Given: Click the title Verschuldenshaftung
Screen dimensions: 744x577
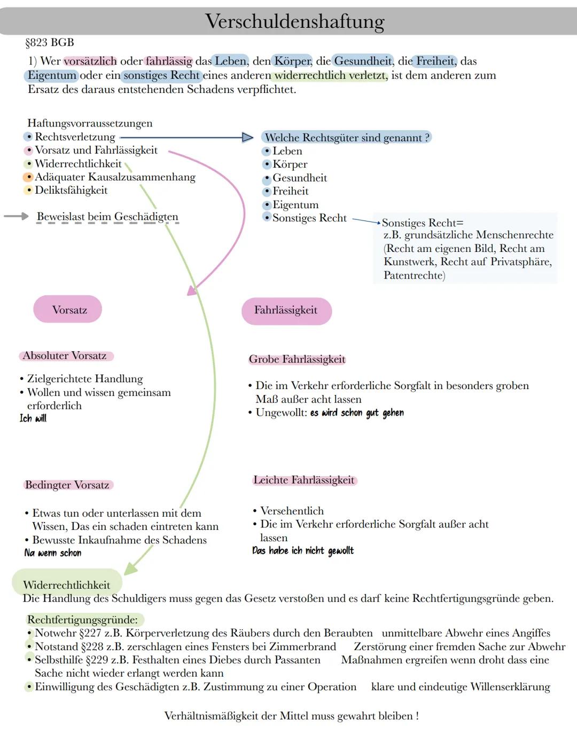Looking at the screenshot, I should click(x=294, y=22).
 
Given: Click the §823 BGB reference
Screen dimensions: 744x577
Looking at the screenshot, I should click(x=50, y=43).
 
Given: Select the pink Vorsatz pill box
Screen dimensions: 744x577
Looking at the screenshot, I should click(x=68, y=310).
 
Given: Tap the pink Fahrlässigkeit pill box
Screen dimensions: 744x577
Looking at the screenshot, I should click(x=286, y=311).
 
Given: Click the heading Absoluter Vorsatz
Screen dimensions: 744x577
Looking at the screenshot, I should click(x=65, y=356).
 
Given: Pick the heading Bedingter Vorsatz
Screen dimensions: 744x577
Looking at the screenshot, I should click(x=67, y=485).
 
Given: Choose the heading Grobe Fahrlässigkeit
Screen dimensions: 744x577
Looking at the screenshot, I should click(x=297, y=360).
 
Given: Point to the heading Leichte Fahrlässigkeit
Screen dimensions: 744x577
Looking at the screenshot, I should click(x=303, y=480).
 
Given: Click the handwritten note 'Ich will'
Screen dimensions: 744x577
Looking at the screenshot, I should click(x=33, y=418).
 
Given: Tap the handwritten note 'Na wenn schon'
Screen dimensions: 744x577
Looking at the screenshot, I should click(x=53, y=553).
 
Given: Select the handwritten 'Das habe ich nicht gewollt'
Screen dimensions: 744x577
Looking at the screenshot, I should click(x=303, y=551).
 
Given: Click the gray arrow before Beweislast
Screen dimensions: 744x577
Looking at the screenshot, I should click(x=16, y=216).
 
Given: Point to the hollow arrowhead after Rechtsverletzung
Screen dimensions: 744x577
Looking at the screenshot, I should click(x=247, y=138).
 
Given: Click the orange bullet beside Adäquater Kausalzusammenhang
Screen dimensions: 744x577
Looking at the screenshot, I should click(x=28, y=177).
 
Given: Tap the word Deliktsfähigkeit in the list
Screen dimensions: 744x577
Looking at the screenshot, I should click(x=71, y=191).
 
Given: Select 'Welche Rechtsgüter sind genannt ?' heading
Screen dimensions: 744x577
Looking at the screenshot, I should click(x=347, y=138).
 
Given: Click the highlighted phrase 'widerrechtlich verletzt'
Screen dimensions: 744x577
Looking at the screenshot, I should click(x=330, y=76).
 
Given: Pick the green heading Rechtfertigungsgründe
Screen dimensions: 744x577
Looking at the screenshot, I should click(x=82, y=620).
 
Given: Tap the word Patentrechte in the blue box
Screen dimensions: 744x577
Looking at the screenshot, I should click(x=414, y=275).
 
